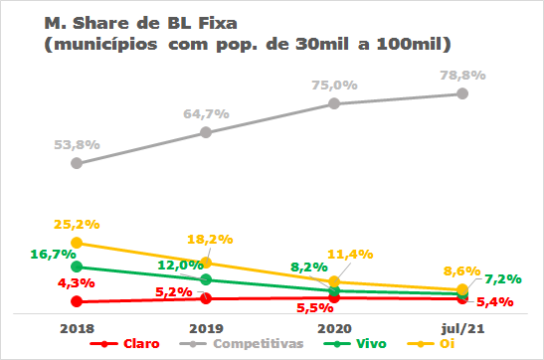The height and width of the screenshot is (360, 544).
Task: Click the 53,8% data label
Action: [x=78, y=145]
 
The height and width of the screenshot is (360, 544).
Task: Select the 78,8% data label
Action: [x=462, y=75]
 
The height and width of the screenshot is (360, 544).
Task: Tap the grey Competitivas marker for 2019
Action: [x=205, y=132]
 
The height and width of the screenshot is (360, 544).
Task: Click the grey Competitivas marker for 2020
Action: [x=334, y=103]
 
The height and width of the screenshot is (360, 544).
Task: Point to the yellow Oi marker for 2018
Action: [x=77, y=243]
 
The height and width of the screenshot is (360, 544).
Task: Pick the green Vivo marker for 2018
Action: [x=77, y=267]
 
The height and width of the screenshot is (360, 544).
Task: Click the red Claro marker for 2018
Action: [x=77, y=301]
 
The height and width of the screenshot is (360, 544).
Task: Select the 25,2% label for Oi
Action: [x=78, y=225]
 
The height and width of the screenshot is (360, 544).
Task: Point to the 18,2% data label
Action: [x=209, y=240]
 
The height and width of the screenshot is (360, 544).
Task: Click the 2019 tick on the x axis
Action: [x=205, y=326]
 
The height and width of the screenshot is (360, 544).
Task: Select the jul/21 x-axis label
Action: [x=462, y=326]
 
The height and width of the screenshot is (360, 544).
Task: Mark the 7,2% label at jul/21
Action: [x=505, y=280]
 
